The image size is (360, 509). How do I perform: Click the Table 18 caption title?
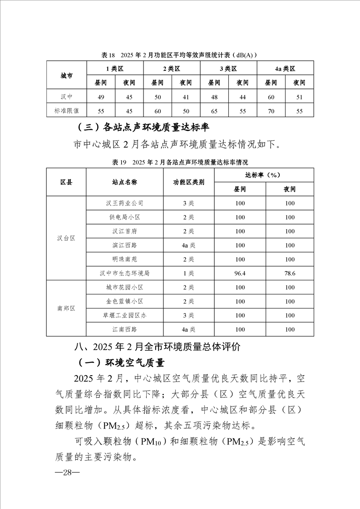(x=180, y=55)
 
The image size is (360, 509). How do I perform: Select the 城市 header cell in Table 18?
(x=66, y=75)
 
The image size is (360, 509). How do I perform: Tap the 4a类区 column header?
(x=285, y=69)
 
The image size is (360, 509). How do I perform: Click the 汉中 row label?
(x=66, y=96)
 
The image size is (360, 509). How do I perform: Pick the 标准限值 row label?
(x=66, y=110)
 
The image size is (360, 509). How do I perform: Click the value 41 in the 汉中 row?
(x=186, y=96)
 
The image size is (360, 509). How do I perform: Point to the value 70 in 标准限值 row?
(x=271, y=110)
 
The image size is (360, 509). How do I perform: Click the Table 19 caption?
(x=180, y=162)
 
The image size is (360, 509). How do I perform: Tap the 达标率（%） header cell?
(x=264, y=175)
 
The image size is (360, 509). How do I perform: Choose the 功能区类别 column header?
(x=189, y=182)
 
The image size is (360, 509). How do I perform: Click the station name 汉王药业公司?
(x=125, y=203)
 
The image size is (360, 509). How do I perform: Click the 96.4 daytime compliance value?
(x=240, y=274)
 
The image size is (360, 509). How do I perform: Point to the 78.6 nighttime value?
(x=290, y=274)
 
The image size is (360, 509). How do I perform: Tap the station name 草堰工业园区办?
(x=125, y=315)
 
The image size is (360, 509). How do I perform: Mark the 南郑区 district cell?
(x=66, y=308)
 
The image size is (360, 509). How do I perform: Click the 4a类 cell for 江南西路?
(x=189, y=329)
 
